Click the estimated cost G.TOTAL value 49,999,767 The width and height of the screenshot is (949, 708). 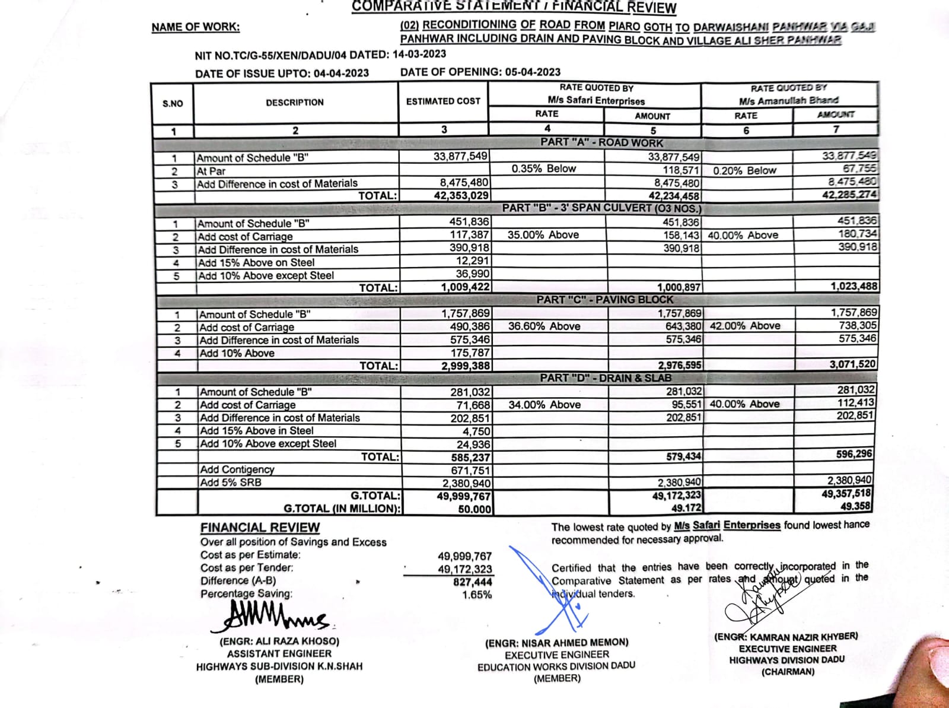click(464, 496)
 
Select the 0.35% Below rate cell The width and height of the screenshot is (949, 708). click(543, 169)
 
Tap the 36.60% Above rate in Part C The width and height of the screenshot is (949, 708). click(544, 326)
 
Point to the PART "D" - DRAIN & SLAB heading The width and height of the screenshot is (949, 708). click(605, 378)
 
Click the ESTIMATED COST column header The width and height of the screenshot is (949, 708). click(443, 101)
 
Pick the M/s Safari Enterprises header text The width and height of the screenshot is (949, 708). click(595, 101)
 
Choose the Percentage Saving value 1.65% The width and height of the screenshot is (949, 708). click(477, 595)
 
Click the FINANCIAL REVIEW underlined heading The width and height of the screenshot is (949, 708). click(260, 528)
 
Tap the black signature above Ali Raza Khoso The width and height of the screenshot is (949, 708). click(270, 617)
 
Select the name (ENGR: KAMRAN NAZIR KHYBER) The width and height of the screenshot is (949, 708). click(786, 637)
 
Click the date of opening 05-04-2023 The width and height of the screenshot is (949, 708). click(533, 72)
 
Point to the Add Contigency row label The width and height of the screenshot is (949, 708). click(237, 469)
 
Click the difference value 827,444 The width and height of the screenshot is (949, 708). click(472, 582)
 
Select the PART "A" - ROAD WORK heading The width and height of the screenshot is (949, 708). click(601, 142)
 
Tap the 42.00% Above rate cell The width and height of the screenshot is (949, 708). click(745, 326)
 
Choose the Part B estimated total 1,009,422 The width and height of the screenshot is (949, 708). click(465, 287)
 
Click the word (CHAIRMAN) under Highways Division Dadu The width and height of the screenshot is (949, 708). click(788, 672)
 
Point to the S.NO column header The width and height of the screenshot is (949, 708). click(173, 103)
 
